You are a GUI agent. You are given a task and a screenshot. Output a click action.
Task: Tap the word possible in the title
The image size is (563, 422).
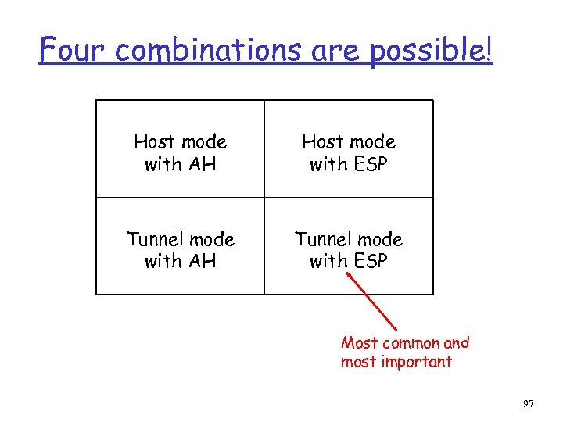click(427, 52)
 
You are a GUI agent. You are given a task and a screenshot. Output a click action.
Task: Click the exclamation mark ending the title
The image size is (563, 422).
click(489, 50)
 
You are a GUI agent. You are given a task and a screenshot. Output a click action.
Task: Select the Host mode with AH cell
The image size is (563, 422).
click(180, 152)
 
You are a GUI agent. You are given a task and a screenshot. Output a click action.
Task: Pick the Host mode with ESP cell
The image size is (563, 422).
click(348, 152)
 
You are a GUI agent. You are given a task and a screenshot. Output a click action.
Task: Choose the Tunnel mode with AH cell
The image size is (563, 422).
click(180, 250)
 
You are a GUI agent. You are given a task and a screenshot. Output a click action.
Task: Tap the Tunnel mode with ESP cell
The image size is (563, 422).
click(348, 250)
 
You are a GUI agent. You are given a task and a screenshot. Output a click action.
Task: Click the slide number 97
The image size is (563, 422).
click(528, 403)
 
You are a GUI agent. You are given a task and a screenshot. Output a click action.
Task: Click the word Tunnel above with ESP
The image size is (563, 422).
click(321, 239)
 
